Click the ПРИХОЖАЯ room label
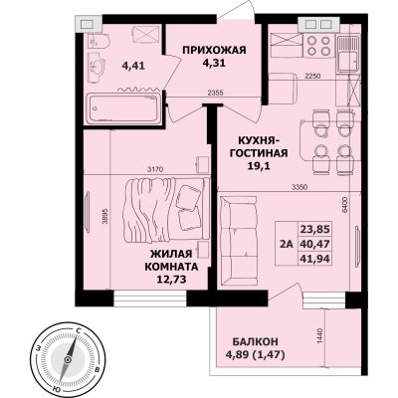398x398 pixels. pos(214,51)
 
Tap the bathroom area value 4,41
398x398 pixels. pos(133,66)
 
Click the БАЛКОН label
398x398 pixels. pos(256,341)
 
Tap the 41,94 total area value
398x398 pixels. pos(315,258)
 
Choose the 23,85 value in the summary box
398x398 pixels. pos(315,229)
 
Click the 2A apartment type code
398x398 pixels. pos(287,244)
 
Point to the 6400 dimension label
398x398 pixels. pos(344,206)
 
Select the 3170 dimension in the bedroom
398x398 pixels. pos(155,170)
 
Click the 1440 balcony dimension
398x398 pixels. pos(320,336)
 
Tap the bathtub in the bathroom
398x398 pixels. pos(122,108)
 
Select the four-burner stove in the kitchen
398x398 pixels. pos(318,46)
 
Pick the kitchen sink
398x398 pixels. pos(348,54)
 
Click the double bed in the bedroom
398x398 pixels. pos(166,210)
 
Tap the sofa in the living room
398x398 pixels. pos(238,241)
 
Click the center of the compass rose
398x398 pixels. pos(68,360)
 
